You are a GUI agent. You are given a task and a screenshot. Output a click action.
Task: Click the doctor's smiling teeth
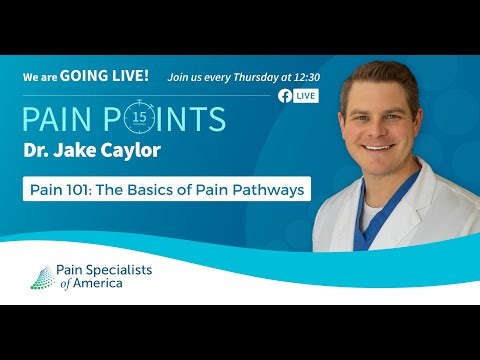click(377, 147)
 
